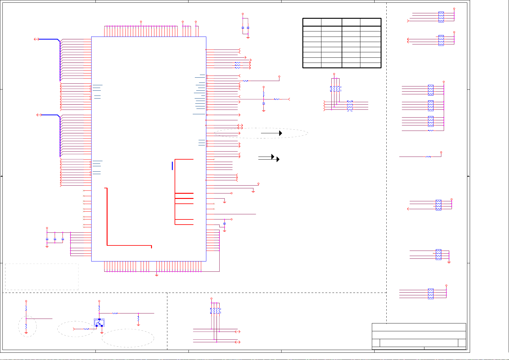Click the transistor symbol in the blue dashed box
point(99,323)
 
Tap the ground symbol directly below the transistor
point(102,333)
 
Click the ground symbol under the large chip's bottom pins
point(156,275)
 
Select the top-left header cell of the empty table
point(312,22)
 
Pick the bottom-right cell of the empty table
point(370,65)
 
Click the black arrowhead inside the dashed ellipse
point(281,133)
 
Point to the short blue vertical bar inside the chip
point(172,166)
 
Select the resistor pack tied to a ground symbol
point(438,255)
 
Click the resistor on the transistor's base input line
point(86,329)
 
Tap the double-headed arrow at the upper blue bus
point(37,39)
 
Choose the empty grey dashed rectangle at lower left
point(42,277)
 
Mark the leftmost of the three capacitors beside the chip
point(47,239)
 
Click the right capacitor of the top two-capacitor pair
point(248,28)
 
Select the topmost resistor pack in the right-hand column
point(441,17)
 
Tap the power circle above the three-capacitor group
point(47,228)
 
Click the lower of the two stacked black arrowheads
point(278,159)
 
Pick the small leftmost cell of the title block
point(376,343)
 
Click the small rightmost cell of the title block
point(462,343)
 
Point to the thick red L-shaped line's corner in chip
point(107,245)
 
